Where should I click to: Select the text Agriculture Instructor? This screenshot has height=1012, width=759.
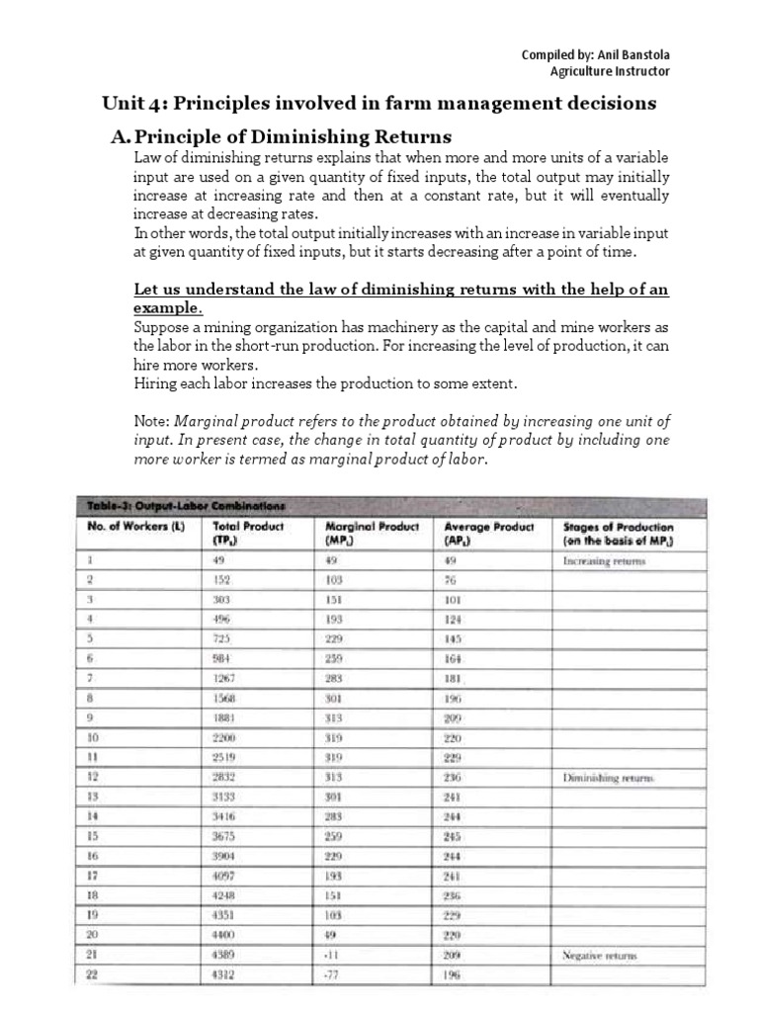pos(610,71)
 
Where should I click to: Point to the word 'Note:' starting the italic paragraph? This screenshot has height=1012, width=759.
pos(151,420)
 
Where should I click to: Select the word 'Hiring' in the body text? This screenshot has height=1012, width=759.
pos(155,382)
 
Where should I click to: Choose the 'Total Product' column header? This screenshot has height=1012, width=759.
pos(248,527)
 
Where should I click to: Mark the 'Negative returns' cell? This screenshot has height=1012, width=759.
pos(600,957)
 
